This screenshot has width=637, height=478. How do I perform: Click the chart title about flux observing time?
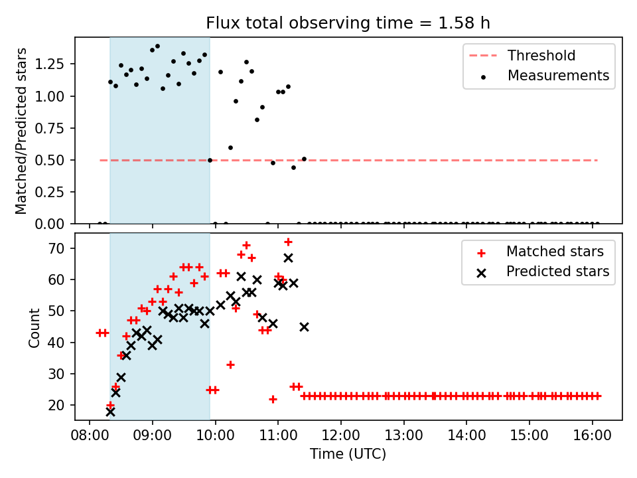pyautogui.click(x=348, y=23)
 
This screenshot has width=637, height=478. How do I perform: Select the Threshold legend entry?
pyautogui.click(x=541, y=55)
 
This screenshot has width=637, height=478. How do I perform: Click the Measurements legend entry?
pyautogui.click(x=558, y=76)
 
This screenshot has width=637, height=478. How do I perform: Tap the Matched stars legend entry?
pyautogui.click(x=555, y=252)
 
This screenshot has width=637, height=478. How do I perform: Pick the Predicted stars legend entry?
pyautogui.click(x=557, y=272)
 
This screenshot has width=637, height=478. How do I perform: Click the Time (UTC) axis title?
pyautogui.click(x=348, y=455)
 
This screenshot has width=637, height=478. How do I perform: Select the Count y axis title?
pyautogui.click(x=34, y=327)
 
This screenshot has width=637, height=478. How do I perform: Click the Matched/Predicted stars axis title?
pyautogui.click(x=21, y=131)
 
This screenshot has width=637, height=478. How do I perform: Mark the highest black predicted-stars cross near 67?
pyautogui.click(x=288, y=258)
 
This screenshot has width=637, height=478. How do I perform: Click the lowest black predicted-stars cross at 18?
pyautogui.click(x=110, y=412)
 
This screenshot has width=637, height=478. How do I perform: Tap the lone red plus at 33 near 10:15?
pyautogui.click(x=230, y=364)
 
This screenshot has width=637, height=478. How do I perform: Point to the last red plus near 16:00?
pyautogui.click(x=597, y=396)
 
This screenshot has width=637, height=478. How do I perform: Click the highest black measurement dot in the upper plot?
pyautogui.click(x=157, y=46)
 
